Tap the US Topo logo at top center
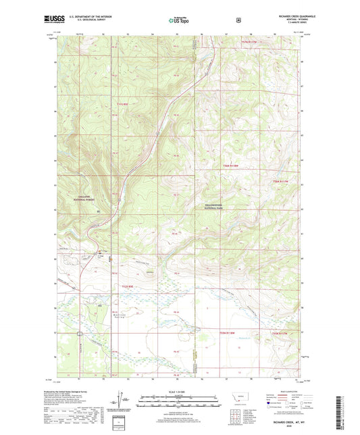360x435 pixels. [x=180, y=20]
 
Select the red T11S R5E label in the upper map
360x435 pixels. [x=122, y=103]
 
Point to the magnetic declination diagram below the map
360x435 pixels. [x=122, y=399]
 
